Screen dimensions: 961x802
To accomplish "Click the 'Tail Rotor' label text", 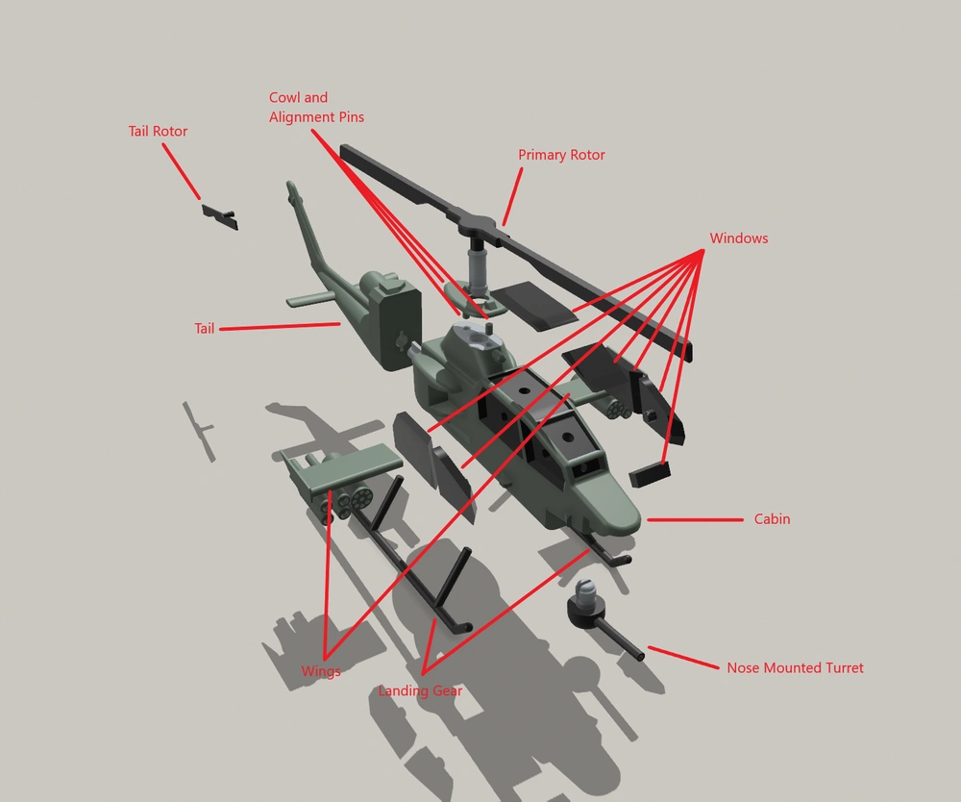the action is pyautogui.click(x=158, y=131).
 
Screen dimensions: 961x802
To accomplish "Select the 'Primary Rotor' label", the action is pyautogui.click(x=561, y=155).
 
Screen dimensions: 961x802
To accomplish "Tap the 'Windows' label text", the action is pyautogui.click(x=738, y=238).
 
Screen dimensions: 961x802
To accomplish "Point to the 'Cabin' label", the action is pyautogui.click(x=772, y=519).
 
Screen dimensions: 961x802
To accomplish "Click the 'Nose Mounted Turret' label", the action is pyautogui.click(x=795, y=667).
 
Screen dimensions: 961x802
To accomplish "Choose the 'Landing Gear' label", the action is pyautogui.click(x=420, y=691).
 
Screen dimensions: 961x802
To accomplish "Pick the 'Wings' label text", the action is pyautogui.click(x=321, y=671).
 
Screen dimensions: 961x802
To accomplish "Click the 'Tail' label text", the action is pyautogui.click(x=204, y=329).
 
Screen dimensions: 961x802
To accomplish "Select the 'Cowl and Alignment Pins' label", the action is pyautogui.click(x=316, y=108).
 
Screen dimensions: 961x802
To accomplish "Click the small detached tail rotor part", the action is pyautogui.click(x=220, y=216).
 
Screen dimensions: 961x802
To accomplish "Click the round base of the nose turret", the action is pyautogui.click(x=586, y=610).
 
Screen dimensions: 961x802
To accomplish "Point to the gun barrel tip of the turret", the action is pyautogui.click(x=640, y=656).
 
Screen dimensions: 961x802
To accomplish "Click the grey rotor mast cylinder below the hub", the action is pyautogui.click(x=477, y=264).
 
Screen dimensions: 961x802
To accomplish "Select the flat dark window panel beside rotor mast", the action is pyautogui.click(x=535, y=306).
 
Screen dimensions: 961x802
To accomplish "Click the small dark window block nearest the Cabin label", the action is pyautogui.click(x=650, y=474).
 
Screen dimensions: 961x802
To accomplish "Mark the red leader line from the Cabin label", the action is pyautogui.click(x=695, y=520).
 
